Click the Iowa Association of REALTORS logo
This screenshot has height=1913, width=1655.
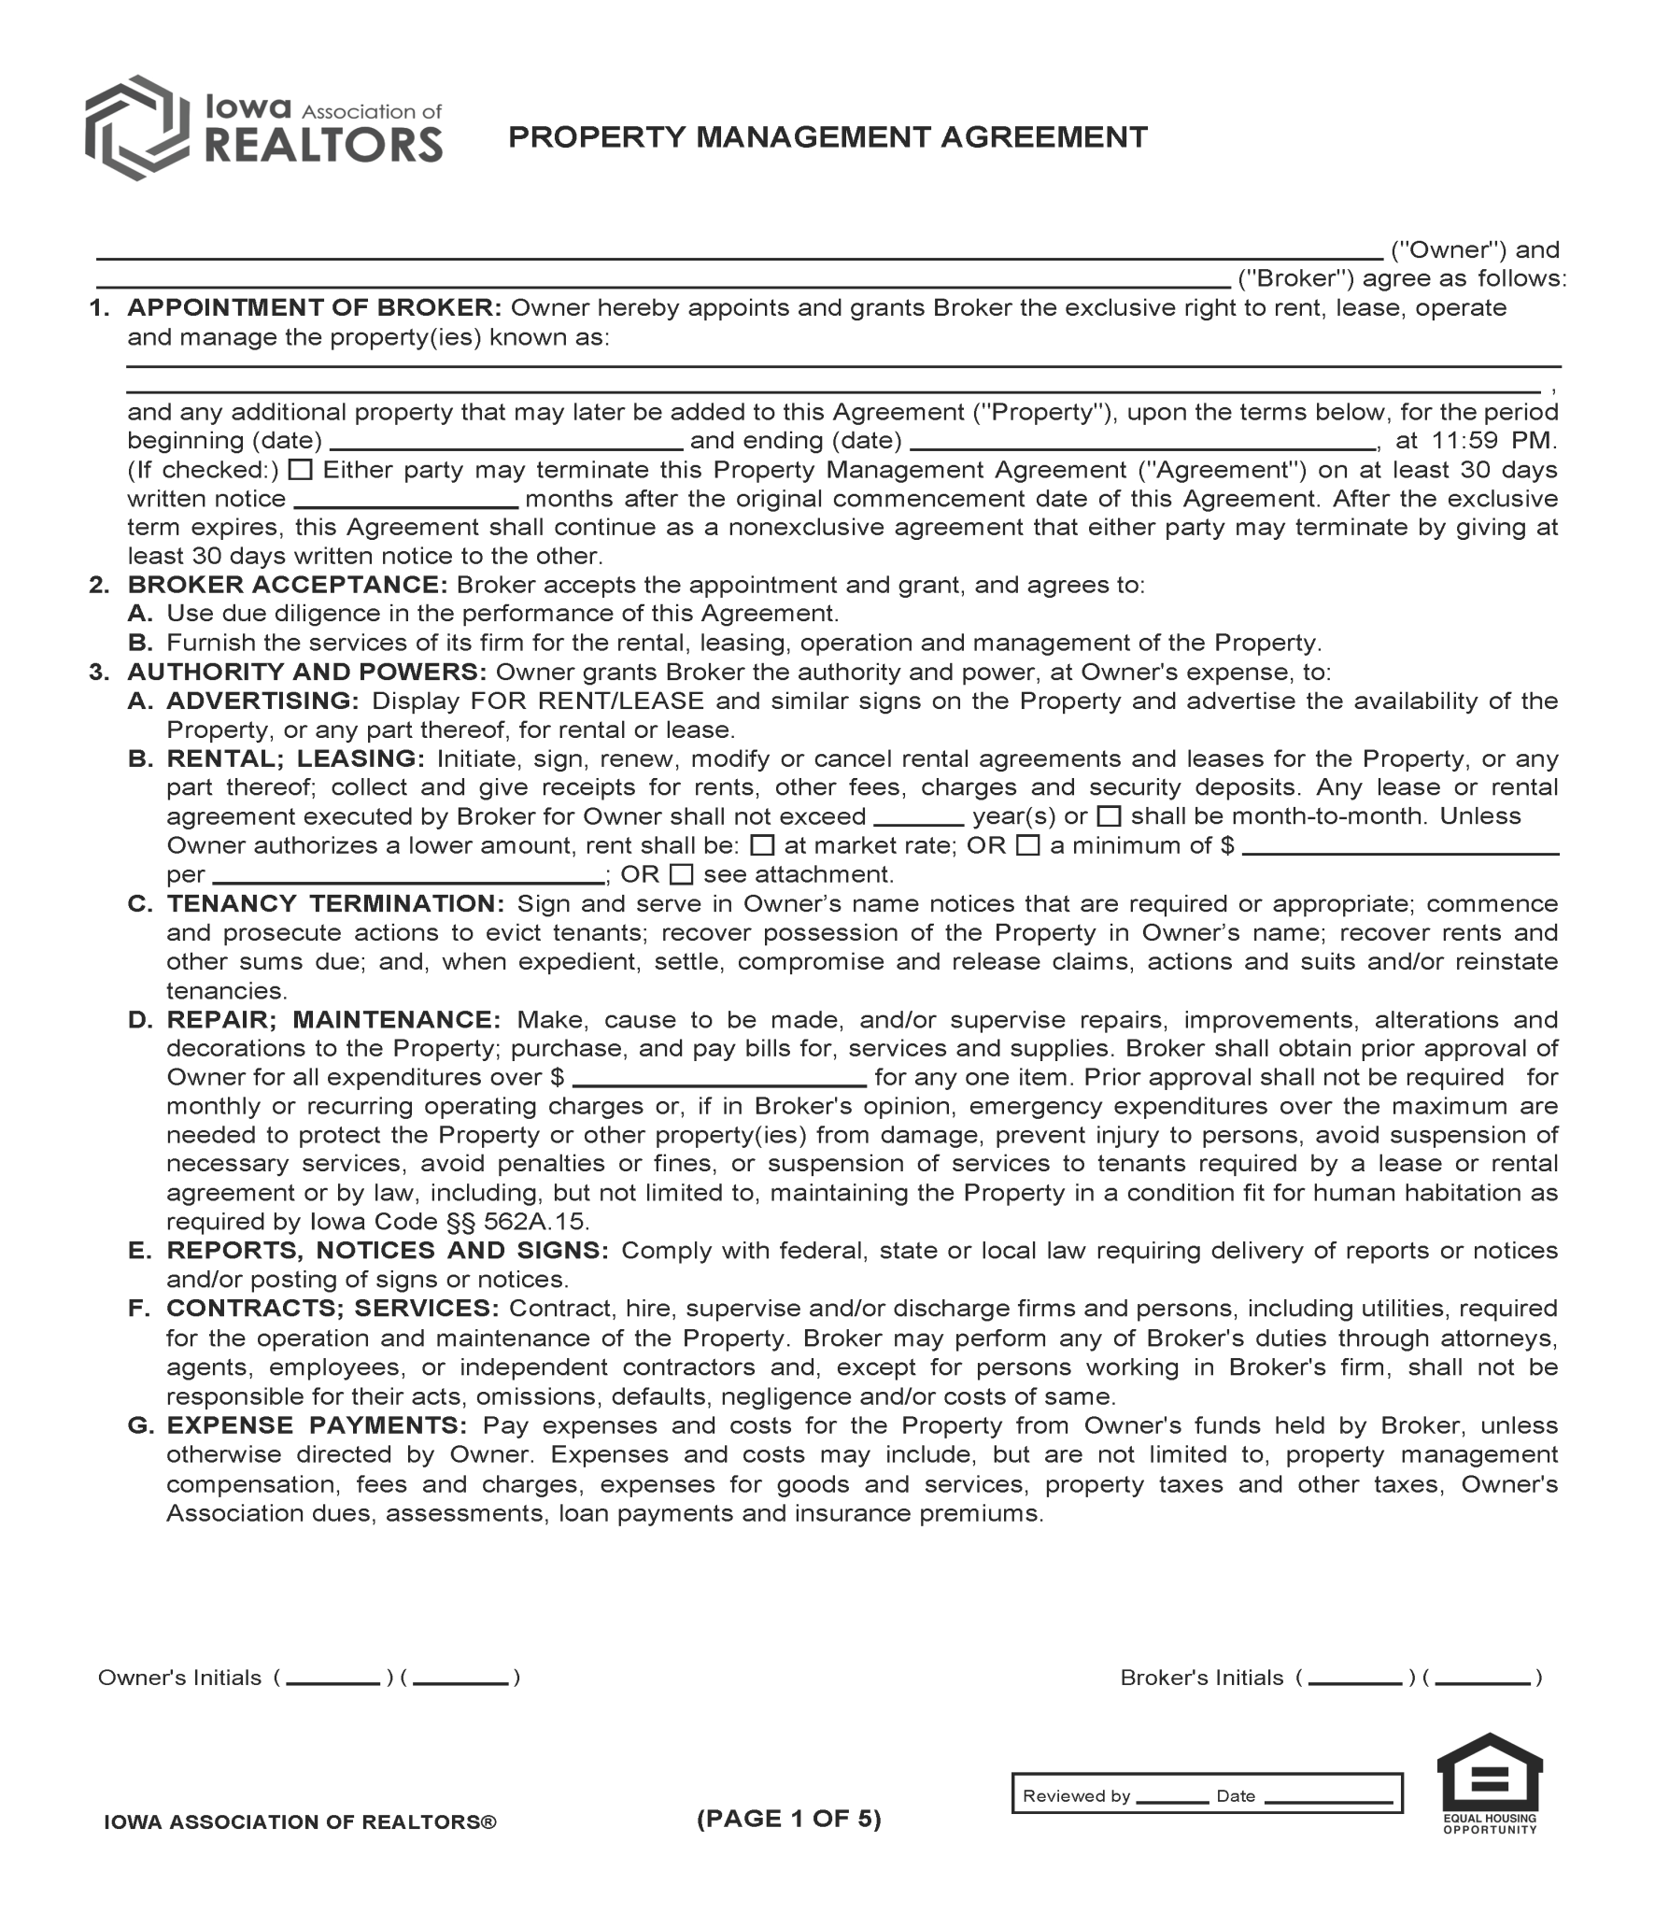[x=263, y=128]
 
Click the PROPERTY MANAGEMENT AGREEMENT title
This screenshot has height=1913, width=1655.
[x=827, y=137]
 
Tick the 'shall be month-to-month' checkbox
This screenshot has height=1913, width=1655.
[x=1109, y=816]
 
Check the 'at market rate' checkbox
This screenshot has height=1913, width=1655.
[x=763, y=845]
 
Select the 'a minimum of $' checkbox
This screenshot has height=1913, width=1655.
[x=1027, y=845]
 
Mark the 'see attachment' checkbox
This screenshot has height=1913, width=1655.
[x=682, y=874]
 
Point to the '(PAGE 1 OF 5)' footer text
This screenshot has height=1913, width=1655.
[x=789, y=1819]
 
